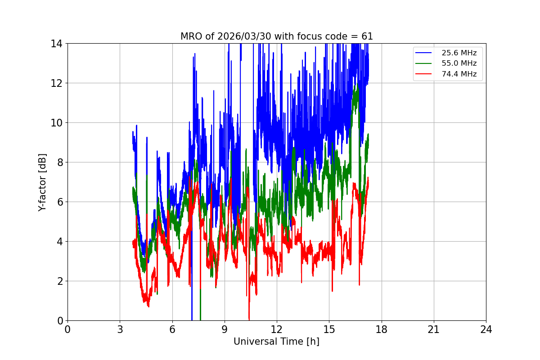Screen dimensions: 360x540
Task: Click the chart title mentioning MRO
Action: tap(276, 36)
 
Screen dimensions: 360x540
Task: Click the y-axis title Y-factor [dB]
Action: tap(42, 182)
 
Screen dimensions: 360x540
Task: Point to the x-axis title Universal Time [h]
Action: tap(276, 342)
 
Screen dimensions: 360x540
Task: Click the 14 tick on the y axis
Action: tap(56, 44)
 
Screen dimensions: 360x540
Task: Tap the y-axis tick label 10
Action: tap(56, 123)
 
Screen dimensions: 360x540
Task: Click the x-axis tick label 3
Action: tap(120, 329)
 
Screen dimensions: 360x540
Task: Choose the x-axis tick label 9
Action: tap(224, 329)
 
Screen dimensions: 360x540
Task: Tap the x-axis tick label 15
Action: tap(329, 329)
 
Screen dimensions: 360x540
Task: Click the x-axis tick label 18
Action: tap(381, 329)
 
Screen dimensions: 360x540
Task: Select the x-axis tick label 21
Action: tap(434, 329)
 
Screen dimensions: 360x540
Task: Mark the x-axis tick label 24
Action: tap(486, 329)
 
